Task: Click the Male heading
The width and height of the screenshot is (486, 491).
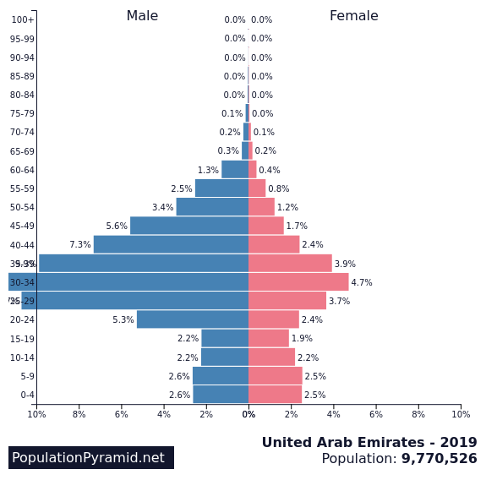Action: pyautogui.click(x=142, y=16)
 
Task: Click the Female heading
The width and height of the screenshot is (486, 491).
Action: pyautogui.click(x=353, y=16)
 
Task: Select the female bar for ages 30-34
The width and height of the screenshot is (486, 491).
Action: pyautogui.click(x=298, y=282)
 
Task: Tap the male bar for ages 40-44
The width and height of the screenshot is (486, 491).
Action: pyautogui.click(x=171, y=244)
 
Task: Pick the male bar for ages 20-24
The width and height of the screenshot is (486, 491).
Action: pyautogui.click(x=193, y=319)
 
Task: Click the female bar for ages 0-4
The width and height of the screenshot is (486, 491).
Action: pyautogui.click(x=275, y=395)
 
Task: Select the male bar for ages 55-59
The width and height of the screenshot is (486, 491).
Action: pyautogui.click(x=221, y=188)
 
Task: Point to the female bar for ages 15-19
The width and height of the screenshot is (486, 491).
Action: pyautogui.click(x=269, y=339)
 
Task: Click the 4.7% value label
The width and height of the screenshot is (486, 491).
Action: pyautogui.click(x=362, y=283)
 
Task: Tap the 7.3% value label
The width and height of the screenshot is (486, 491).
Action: pyautogui.click(x=79, y=245)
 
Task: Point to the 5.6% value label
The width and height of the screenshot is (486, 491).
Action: pyautogui.click(x=117, y=226)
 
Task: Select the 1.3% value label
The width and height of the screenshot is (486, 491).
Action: pyautogui.click(x=208, y=171)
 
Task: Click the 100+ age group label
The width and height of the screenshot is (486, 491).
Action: pyautogui.click(x=22, y=20)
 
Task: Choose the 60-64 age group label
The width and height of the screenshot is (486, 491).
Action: pyautogui.click(x=22, y=171)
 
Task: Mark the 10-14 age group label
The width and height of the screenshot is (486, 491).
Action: pyautogui.click(x=22, y=358)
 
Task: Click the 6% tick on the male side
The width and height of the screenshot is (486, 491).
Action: pyautogui.click(x=122, y=414)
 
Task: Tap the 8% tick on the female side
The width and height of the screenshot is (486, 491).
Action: pyautogui.click(x=418, y=414)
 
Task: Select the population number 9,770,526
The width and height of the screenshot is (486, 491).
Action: pyautogui.click(x=439, y=459)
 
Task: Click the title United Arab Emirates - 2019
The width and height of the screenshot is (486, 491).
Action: pyautogui.click(x=369, y=443)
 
